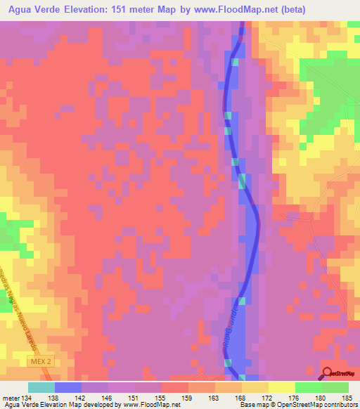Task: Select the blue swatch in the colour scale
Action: point(68,387)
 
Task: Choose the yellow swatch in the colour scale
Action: point(282,387)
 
